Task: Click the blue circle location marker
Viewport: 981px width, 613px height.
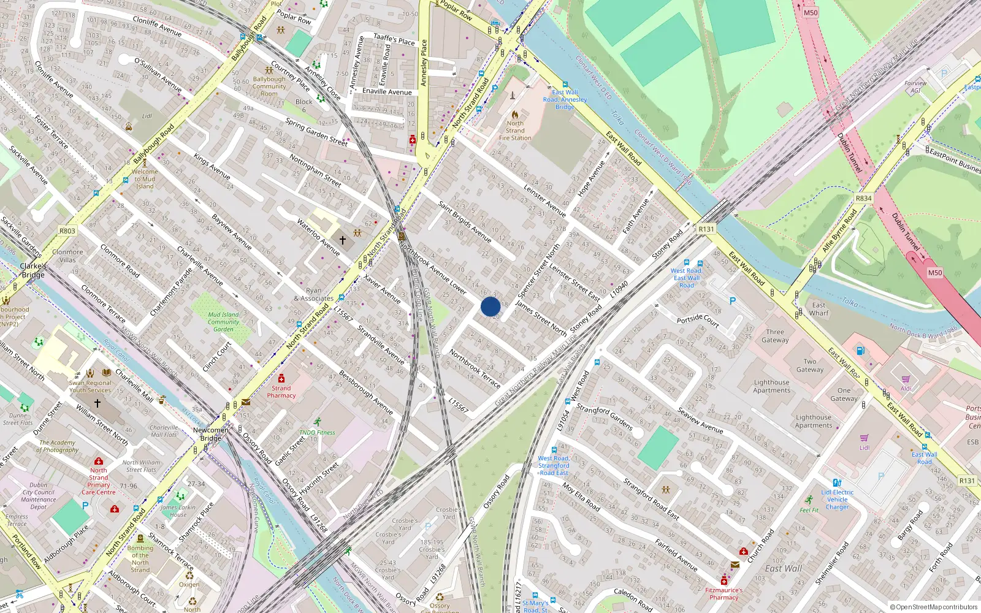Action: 490,306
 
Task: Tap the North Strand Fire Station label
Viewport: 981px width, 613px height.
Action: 515,131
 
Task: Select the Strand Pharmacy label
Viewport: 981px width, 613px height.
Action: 281,392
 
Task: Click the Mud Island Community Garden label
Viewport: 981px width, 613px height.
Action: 223,322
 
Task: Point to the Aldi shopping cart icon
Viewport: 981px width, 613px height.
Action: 906,379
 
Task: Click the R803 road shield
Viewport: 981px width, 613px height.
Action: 67,231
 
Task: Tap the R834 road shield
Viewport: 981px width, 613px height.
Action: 863,199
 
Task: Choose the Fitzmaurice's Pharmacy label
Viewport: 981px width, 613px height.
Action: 724,593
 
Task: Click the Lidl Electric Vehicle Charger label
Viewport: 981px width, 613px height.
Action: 838,499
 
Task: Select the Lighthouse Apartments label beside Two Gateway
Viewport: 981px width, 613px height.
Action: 772,386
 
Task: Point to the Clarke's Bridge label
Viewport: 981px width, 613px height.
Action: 33,270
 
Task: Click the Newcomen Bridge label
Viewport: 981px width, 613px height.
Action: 211,434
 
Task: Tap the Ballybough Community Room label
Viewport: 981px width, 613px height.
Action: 269,86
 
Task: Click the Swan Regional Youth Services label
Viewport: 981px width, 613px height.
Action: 90,386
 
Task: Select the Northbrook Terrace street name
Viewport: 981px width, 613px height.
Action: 475,368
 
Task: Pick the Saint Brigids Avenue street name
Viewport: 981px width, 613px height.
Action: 465,221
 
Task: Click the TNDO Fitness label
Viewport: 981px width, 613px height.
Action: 318,432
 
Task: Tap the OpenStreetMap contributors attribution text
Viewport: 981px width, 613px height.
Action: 934,607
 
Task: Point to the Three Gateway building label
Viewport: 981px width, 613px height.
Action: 775,336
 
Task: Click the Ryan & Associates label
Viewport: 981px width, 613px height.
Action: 314,295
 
